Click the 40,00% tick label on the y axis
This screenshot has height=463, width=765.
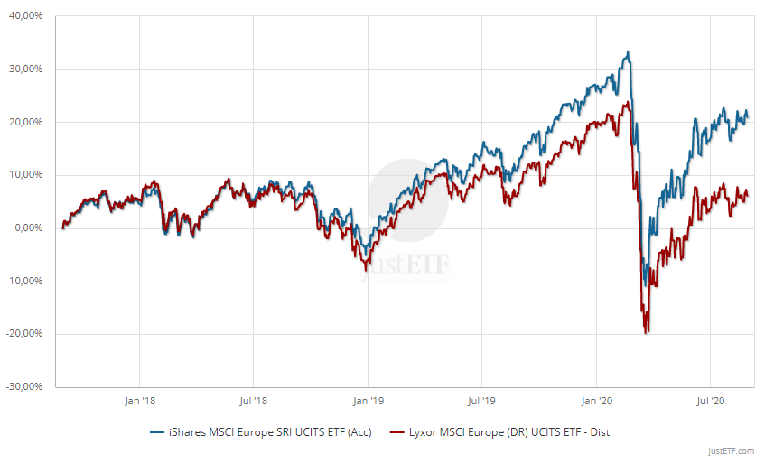pos(27,16)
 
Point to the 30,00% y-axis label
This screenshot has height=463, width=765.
pos(27,69)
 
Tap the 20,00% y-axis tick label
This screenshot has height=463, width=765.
pos(27,122)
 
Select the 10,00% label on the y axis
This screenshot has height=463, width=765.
pos(27,175)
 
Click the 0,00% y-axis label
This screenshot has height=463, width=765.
pos(30,227)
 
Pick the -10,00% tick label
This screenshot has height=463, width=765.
pos(25,281)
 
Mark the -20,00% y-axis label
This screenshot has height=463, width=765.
pos(25,334)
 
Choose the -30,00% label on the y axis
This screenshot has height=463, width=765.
pos(25,386)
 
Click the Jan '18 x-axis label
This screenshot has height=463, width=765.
pos(139,400)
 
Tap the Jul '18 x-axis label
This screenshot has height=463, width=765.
pos(253,400)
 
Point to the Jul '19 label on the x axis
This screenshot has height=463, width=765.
pos(481,400)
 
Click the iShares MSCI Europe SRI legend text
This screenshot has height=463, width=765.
pos(265,431)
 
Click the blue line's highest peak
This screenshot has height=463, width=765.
pos(627,52)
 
